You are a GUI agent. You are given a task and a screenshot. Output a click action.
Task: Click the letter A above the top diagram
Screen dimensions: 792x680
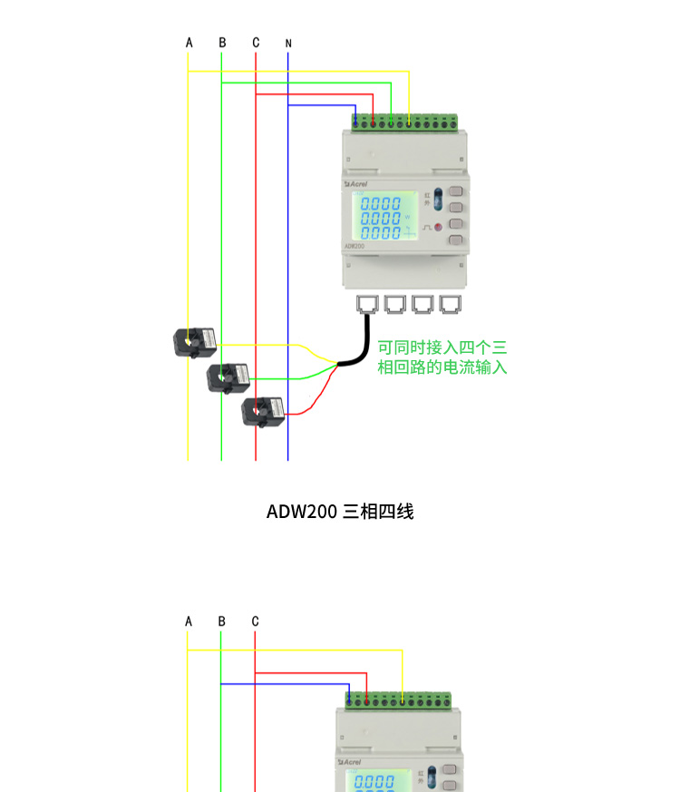click(189, 43)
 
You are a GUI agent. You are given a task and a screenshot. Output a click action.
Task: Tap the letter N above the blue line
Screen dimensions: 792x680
click(287, 43)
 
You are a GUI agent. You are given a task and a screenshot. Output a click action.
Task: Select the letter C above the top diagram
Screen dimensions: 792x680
click(256, 43)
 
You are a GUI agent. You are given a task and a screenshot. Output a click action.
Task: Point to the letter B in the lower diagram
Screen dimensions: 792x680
click(221, 621)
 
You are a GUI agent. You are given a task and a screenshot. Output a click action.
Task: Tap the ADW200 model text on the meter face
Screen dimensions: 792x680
click(355, 245)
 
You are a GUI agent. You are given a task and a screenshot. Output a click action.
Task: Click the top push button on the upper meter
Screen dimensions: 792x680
click(455, 192)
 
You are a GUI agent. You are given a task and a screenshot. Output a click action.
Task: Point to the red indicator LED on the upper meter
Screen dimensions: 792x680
click(436, 227)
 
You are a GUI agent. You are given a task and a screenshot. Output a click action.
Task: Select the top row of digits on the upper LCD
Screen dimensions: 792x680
click(381, 204)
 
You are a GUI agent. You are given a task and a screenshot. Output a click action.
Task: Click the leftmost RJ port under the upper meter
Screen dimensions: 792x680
click(367, 303)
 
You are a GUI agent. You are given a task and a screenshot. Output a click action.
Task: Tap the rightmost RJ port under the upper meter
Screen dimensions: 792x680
click(450, 303)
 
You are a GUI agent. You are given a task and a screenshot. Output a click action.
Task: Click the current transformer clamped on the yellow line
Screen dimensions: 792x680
click(195, 342)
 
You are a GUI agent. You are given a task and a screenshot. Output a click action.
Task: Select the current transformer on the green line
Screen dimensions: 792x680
click(228, 376)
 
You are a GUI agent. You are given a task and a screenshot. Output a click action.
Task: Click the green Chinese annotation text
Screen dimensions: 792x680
click(442, 357)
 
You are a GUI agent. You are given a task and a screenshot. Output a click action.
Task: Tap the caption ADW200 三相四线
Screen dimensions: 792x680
click(340, 512)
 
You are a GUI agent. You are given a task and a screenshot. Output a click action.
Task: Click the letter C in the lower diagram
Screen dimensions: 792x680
click(256, 621)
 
